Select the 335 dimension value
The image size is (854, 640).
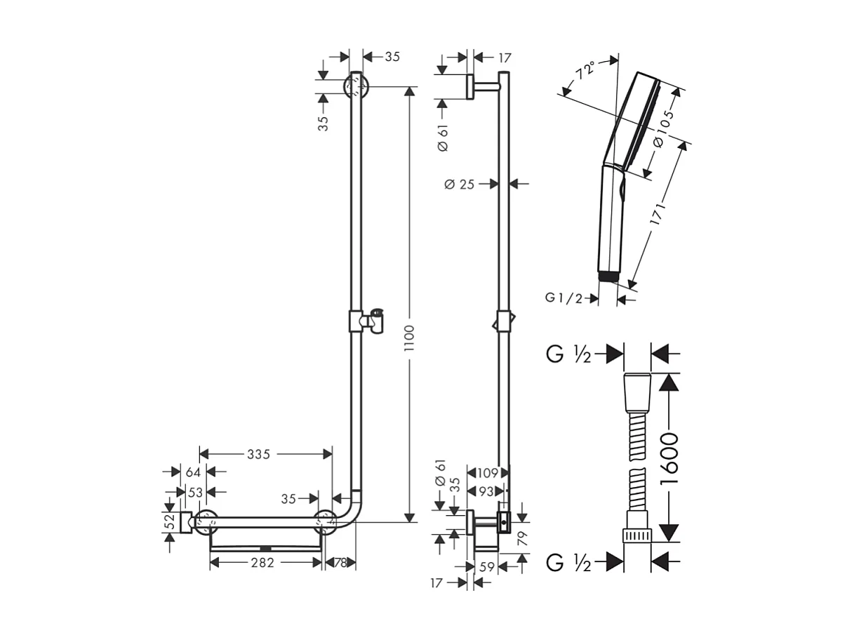258,454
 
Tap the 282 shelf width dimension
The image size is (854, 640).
262,562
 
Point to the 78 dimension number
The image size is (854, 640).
340,562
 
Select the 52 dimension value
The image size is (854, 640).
168,522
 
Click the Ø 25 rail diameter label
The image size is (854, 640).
460,184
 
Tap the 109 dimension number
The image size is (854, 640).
486,473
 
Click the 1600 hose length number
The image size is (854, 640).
669,458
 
